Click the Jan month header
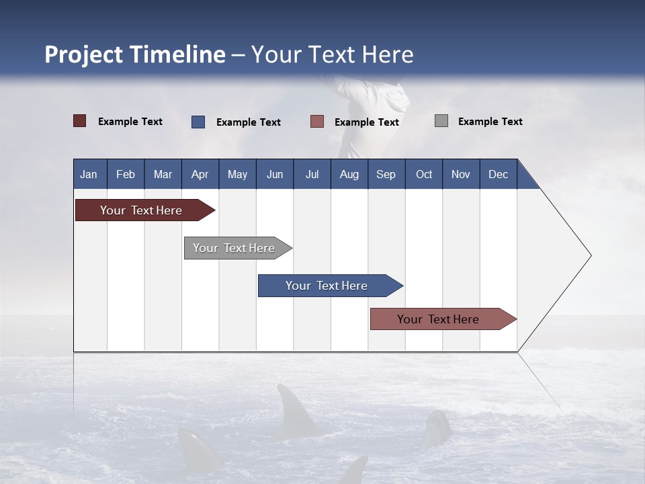[89, 174]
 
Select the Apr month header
[200, 174]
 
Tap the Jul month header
[312, 174]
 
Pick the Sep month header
[386, 174]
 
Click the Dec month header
[498, 174]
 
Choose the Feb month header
[126, 174]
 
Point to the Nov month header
[460, 174]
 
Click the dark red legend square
[80, 121]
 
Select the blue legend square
[198, 122]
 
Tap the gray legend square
[441, 121]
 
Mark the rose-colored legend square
[317, 122]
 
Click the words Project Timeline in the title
[134, 54]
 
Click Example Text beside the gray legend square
[490, 122]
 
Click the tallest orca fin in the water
[295, 411]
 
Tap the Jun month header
[274, 174]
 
